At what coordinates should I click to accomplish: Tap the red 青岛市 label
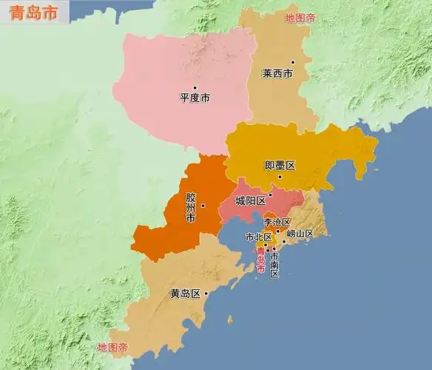260,260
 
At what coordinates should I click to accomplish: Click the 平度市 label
195,97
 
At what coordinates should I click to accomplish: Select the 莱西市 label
277,74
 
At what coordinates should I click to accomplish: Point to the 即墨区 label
280,165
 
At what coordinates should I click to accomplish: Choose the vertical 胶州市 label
191,209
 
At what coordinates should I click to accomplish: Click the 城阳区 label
250,201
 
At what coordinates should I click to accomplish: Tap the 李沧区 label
277,222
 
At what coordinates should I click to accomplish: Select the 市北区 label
258,237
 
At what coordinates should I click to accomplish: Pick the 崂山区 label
300,234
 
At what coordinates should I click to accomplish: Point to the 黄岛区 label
185,294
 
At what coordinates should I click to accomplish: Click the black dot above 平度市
195,88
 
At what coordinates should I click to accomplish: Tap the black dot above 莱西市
292,62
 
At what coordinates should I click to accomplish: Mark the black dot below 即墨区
280,176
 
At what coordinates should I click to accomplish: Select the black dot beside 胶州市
202,206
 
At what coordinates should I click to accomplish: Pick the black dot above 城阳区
270,195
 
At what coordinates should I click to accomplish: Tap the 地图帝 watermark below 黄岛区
112,347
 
